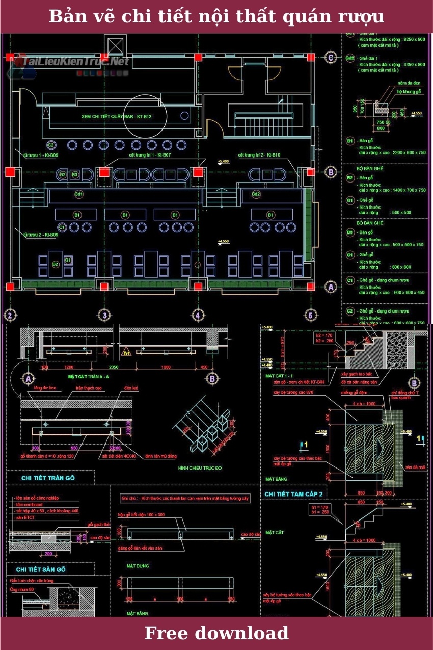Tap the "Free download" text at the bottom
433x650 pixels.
click(216, 633)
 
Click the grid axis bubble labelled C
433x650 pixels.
click(331, 58)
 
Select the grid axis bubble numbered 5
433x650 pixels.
click(309, 315)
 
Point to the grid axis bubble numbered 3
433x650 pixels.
click(104, 315)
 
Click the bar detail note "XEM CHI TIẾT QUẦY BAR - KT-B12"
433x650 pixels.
click(117, 117)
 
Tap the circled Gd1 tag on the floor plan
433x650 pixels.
click(79, 194)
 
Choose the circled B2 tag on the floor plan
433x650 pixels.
click(56, 263)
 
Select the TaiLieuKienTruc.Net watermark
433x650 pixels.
click(71, 62)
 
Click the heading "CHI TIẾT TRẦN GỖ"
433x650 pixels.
click(48, 478)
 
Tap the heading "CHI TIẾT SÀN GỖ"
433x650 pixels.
click(48, 569)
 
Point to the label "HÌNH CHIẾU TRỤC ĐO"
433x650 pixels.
click(199, 467)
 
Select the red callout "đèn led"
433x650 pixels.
click(131, 388)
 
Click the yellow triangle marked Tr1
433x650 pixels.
click(125, 352)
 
